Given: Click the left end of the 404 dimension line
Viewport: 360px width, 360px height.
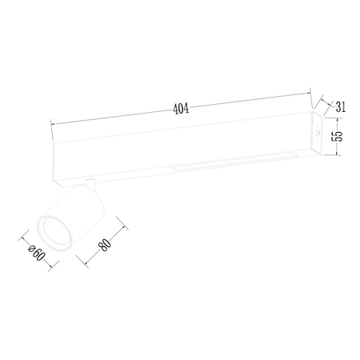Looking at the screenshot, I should [x=51, y=123].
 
